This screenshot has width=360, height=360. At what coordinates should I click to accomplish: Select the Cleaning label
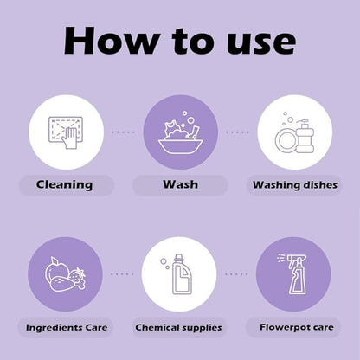click(64, 185)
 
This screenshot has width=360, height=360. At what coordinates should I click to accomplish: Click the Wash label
click(180, 184)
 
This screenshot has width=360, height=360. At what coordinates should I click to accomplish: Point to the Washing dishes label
click(295, 185)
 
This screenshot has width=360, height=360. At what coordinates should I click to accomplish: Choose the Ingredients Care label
click(67, 328)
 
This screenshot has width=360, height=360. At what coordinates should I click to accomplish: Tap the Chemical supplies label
click(178, 328)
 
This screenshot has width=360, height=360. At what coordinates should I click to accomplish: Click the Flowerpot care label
click(297, 327)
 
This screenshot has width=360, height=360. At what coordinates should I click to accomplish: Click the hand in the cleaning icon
click(69, 138)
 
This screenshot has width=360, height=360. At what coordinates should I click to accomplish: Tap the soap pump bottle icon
click(305, 136)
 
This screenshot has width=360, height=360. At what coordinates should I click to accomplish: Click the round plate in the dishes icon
click(286, 141)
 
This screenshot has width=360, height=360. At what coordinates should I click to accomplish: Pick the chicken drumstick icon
click(67, 284)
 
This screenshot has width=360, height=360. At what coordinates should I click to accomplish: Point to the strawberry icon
click(77, 275)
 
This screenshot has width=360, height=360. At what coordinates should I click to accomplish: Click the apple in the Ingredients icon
click(55, 269)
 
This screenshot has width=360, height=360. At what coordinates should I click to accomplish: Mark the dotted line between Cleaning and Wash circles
click(123, 132)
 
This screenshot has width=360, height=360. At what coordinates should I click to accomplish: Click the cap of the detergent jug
click(179, 257)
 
